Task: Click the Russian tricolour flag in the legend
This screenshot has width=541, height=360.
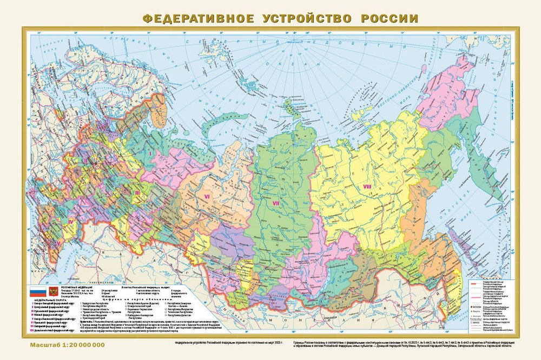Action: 37,291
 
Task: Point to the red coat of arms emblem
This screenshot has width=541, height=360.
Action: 53,291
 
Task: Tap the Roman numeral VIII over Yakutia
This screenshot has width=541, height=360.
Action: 367,187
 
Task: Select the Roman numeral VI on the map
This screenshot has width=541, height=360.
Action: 206,197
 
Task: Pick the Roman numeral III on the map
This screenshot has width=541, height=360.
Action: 137,192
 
